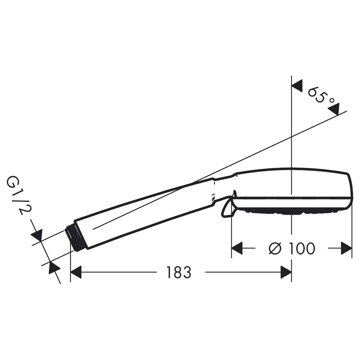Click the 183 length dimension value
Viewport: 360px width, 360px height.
point(179,273)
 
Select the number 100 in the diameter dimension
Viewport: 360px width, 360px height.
point(302,248)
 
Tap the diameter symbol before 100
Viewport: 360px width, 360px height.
point(275,248)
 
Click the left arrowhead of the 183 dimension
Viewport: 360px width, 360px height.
point(76,272)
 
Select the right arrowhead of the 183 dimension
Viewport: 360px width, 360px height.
point(286,272)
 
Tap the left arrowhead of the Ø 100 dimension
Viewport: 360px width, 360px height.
point(237,248)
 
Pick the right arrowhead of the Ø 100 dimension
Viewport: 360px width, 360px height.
point(346,248)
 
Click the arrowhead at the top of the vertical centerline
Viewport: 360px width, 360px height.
point(297,86)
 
